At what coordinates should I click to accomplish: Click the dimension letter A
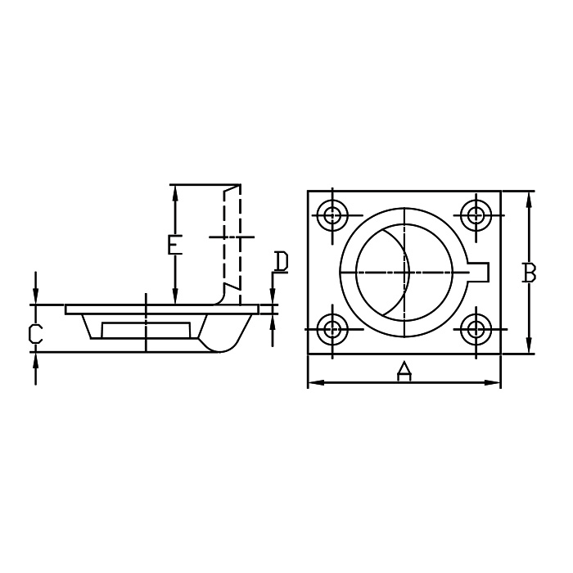(404, 371)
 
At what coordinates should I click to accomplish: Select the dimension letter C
(36, 333)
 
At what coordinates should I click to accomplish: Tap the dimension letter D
(281, 262)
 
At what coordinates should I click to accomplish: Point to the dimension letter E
(174, 245)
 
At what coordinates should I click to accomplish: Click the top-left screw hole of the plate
(332, 214)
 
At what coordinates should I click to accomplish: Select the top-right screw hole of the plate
(476, 214)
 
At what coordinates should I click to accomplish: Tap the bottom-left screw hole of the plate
(332, 330)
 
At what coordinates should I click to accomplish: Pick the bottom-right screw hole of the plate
(476, 330)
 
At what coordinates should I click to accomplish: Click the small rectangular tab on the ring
(479, 273)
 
